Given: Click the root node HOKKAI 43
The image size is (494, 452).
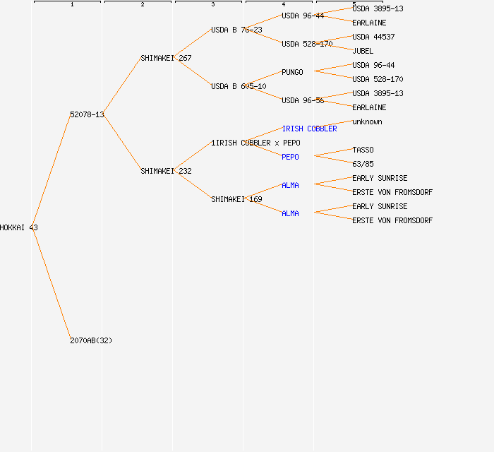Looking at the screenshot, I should (19, 227).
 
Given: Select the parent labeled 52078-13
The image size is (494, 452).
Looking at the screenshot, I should (87, 114).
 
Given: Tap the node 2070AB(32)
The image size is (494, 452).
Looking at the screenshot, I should (91, 340).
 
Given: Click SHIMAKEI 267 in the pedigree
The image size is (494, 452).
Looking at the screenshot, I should (166, 58).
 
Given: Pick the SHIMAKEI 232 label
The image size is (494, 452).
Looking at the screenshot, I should (166, 171).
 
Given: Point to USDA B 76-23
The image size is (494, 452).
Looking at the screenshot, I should (236, 30).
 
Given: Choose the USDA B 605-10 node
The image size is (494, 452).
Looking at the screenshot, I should (239, 86).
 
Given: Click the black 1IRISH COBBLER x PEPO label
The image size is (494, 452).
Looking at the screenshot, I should (255, 143).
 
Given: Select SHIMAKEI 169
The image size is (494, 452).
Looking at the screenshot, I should (236, 199).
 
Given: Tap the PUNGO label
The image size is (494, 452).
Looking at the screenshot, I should (292, 72).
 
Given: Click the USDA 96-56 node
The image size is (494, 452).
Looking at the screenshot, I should (303, 100).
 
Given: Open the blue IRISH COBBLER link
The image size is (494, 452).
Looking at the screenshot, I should (309, 129).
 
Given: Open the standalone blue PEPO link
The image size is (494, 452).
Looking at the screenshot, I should (290, 157).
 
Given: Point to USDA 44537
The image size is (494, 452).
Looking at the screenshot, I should (373, 37).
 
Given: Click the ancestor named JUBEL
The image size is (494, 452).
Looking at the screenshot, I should (363, 51).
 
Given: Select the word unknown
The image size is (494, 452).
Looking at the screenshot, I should (367, 121).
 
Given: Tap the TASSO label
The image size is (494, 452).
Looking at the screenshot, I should (363, 150).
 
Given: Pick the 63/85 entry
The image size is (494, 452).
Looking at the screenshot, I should (363, 164).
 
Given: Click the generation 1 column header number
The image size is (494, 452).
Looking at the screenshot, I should (72, 5).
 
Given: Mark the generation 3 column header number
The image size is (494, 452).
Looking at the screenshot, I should (213, 5).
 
